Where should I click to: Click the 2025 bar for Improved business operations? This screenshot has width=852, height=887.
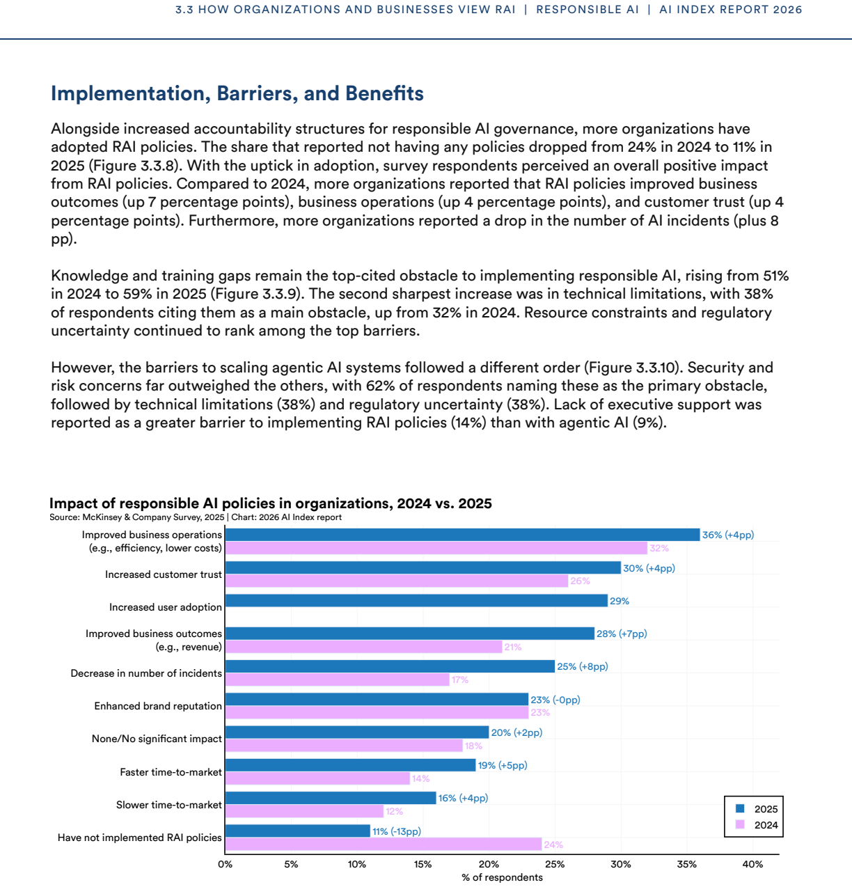coord(462,535)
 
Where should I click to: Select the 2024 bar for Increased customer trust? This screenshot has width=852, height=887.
coord(397,581)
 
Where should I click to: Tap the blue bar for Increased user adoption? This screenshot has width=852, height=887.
coord(416,601)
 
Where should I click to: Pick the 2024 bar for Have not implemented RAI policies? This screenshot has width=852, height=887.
coord(384,844)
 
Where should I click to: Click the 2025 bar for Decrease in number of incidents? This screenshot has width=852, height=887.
coord(390,666)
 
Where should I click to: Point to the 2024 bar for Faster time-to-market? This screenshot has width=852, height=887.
coord(317,778)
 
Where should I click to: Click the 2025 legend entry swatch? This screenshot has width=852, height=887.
coord(740,808)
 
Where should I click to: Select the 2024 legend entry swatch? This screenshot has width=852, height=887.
coord(740,824)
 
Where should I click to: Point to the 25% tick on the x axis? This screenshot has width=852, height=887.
coord(555,855)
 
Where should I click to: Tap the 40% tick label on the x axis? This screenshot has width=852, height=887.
coord(752,864)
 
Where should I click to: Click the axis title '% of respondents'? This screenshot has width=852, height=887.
coord(502,877)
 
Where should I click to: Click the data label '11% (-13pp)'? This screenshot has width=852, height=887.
coord(397,831)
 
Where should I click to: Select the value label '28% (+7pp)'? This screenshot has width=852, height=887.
coord(622,634)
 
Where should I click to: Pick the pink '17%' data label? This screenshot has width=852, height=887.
coord(459,680)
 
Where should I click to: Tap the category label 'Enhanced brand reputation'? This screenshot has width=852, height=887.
coord(158,705)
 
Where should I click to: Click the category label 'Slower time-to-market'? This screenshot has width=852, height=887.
coord(169,805)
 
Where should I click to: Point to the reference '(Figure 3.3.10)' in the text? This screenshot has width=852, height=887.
coord(631,368)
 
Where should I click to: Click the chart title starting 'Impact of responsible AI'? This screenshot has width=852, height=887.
coord(271,503)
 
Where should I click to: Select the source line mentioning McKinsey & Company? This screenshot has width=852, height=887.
coord(196,517)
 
